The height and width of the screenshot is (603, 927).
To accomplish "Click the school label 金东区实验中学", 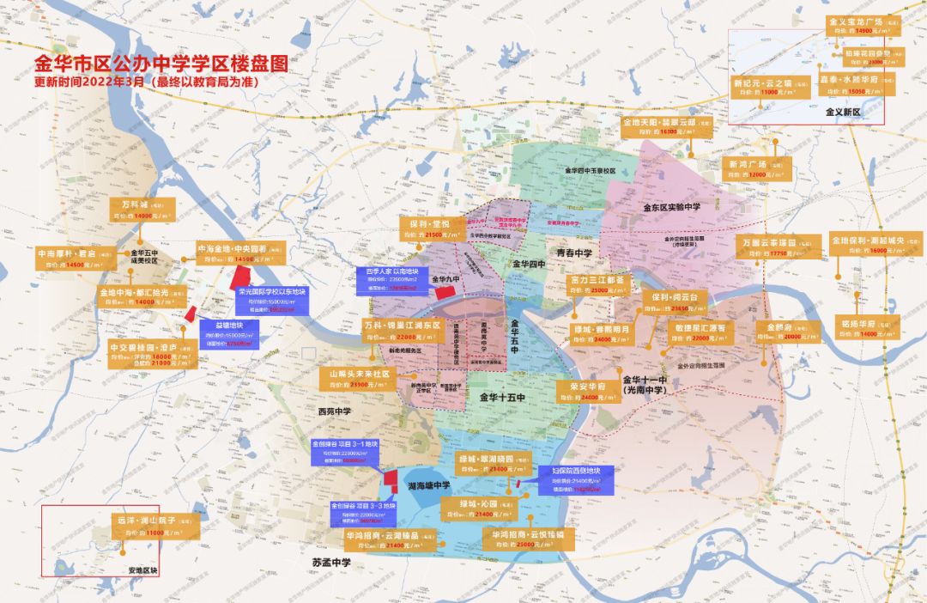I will pos(671,207).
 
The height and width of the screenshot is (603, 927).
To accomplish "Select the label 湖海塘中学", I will pos(426,485).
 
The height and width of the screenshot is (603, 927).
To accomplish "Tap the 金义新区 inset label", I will pos(841,113).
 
